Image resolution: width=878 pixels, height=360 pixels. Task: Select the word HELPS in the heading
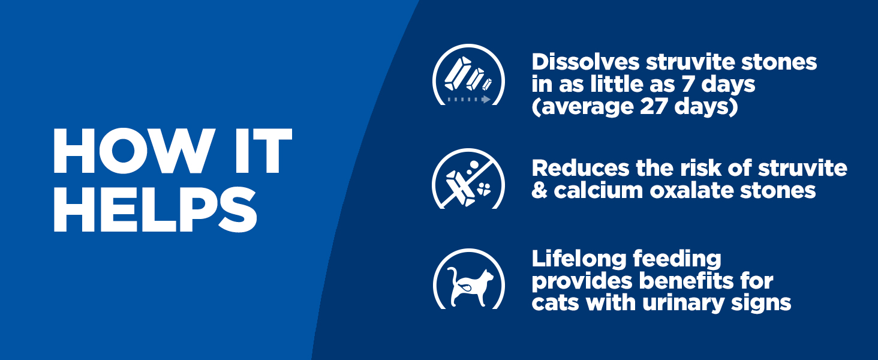pos(155,209)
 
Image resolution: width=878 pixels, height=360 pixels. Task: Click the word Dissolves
pos(585,62)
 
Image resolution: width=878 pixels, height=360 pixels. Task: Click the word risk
pos(700,168)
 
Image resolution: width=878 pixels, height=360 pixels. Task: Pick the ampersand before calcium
pos(540,191)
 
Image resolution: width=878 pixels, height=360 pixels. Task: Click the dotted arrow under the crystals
pos(469,100)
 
